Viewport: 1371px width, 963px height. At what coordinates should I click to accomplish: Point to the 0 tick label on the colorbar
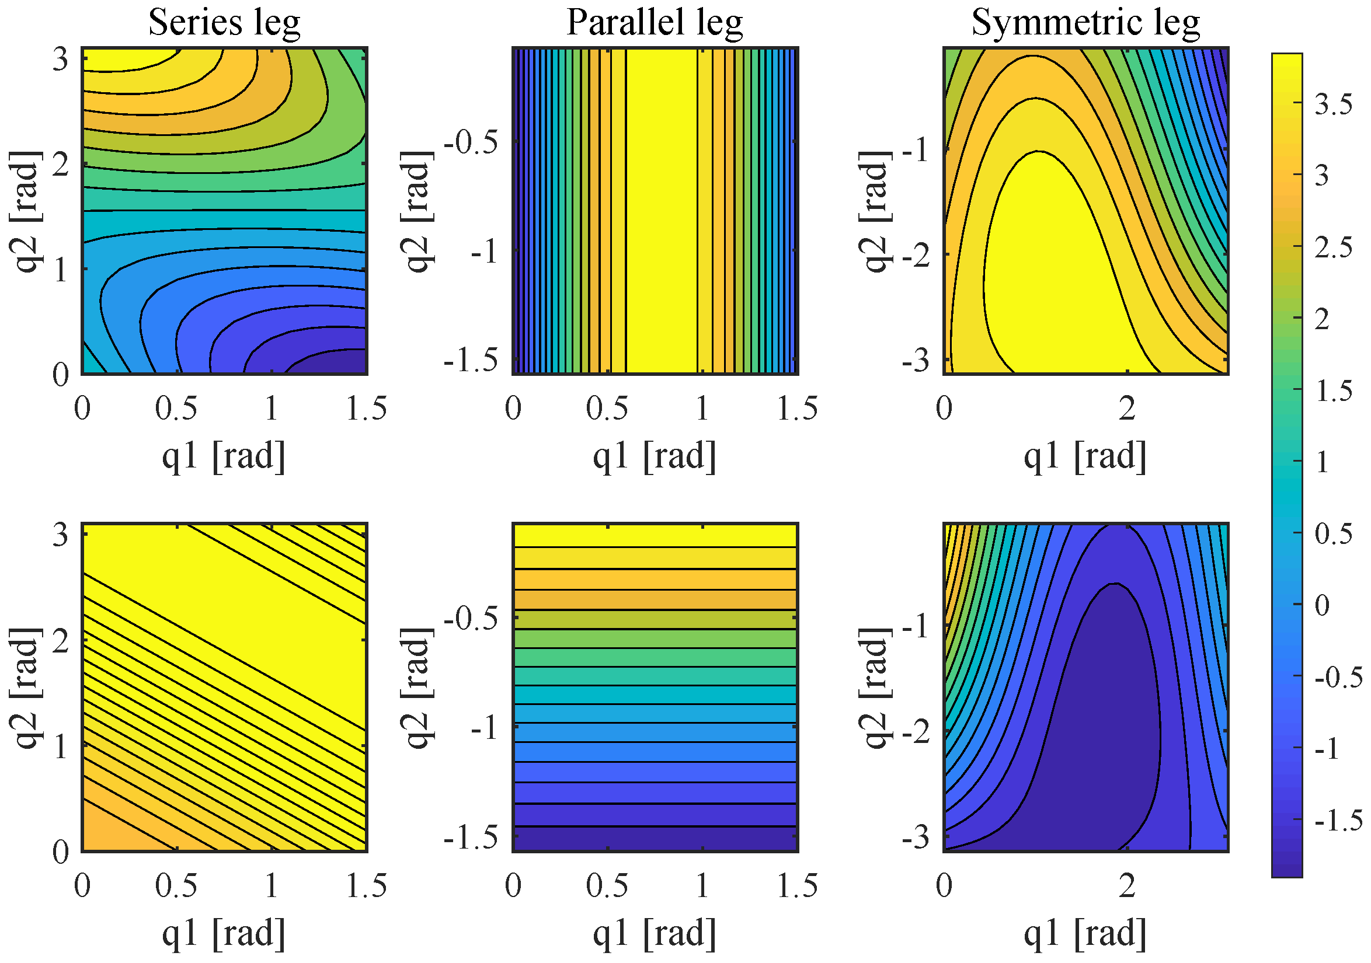click(x=1322, y=605)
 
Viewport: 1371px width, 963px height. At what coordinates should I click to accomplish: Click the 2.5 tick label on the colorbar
click(x=1334, y=247)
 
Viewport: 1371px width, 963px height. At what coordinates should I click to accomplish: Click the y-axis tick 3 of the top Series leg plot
click(x=60, y=60)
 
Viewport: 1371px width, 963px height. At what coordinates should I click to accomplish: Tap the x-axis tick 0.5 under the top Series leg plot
click(x=176, y=409)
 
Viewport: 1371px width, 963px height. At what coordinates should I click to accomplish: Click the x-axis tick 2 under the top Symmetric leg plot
click(x=1127, y=409)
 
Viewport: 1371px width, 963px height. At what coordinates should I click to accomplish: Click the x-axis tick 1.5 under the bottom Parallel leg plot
click(x=797, y=885)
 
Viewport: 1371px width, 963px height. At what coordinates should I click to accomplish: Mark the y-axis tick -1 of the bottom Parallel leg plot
click(x=484, y=728)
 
